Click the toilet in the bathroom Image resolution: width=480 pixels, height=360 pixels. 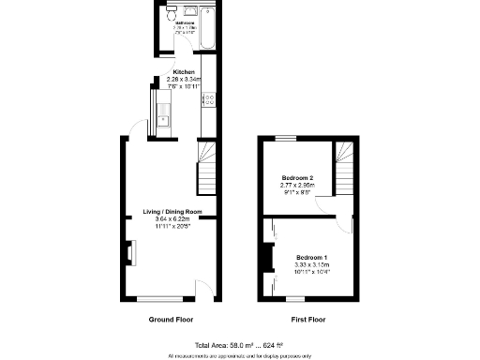coord(171,16)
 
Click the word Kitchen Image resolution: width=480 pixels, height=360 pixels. coord(184,72)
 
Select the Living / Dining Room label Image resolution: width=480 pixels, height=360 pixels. coord(172,212)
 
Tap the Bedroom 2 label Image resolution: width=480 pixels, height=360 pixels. coord(297,178)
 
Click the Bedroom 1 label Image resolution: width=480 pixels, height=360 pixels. coord(312,257)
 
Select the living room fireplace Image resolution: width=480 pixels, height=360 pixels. coord(130,253)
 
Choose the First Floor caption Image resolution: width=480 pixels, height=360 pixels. coord(307,320)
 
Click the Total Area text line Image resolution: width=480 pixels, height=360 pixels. coord(239,345)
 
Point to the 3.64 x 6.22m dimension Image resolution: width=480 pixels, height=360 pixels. coord(172,219)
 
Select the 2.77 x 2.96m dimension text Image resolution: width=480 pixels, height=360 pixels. coord(297,186)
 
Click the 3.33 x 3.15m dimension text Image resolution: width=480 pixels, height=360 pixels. coord(312,264)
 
